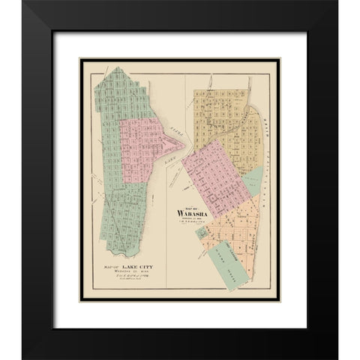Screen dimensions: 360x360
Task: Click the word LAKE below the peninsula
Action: (172, 159)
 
